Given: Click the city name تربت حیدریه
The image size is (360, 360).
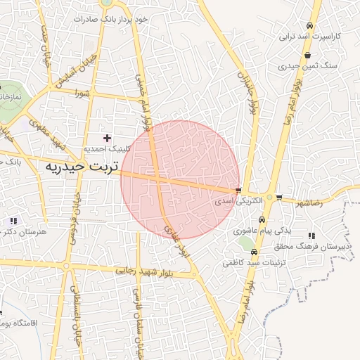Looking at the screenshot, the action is point(84,167).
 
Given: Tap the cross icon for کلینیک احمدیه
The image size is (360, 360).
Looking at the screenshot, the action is point(107,138).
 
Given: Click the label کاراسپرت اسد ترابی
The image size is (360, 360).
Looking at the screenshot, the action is point(310,35).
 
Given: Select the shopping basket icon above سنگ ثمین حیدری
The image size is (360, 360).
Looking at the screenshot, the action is point(307,55).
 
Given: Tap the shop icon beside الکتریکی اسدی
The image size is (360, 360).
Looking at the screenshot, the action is point(238,191).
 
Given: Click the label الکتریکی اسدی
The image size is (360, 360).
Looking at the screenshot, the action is point(238,200).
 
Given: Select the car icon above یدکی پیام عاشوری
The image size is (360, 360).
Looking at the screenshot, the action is point(262,219).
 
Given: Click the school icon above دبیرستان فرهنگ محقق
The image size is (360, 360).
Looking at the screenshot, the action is point(311,236).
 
